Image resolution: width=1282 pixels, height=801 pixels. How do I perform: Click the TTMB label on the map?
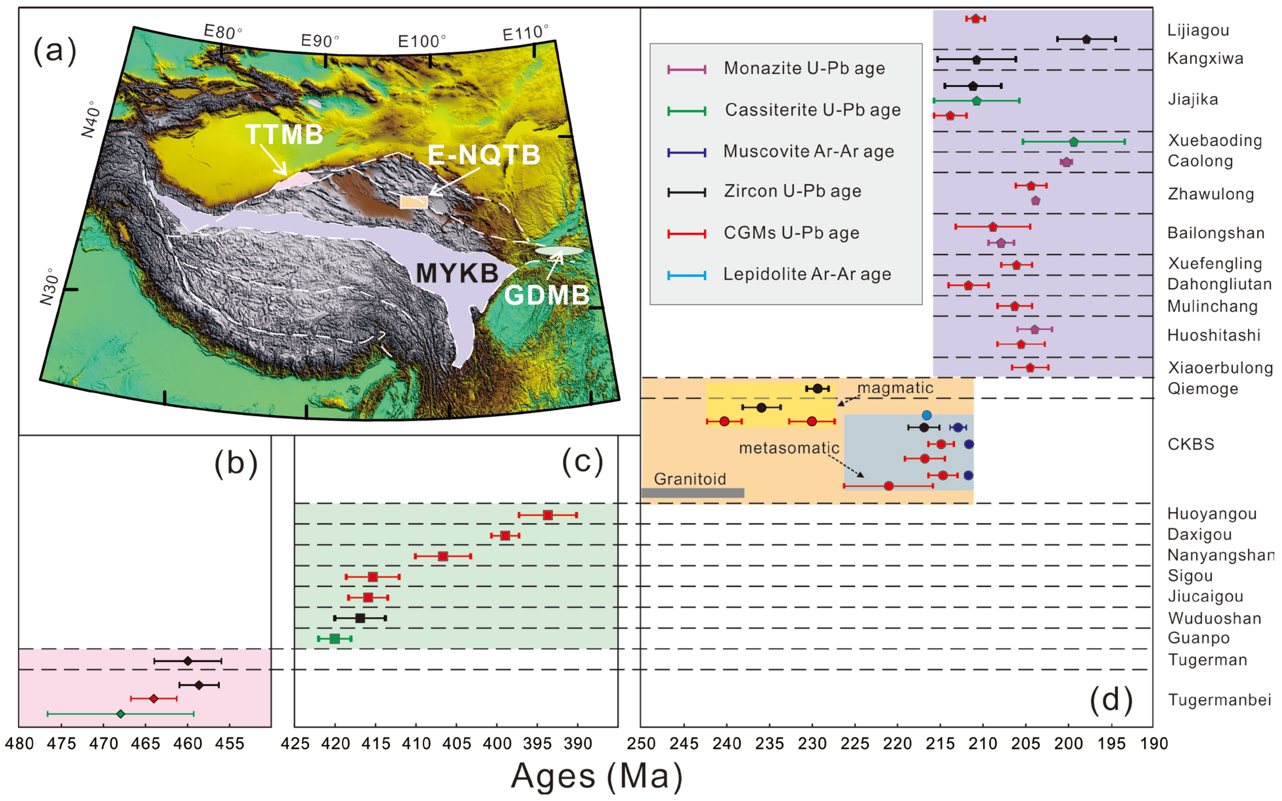285,135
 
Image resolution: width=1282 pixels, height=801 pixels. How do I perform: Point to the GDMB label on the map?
546,295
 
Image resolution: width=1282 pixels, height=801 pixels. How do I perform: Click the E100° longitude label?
422,41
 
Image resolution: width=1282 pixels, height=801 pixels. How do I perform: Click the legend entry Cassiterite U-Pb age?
813,110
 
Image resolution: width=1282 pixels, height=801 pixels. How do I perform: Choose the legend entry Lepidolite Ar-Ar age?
807,275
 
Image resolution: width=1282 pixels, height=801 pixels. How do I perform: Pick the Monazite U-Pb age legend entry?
804,68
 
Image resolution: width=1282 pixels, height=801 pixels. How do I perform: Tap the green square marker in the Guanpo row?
334,638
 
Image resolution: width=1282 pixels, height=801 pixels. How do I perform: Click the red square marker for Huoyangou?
548,515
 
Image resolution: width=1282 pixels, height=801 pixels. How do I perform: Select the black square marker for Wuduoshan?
360,618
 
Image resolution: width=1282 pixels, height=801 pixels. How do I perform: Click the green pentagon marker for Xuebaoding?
1074,142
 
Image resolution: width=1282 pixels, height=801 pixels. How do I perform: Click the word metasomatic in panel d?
789,448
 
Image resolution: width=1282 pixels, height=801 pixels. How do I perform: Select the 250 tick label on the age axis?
641,744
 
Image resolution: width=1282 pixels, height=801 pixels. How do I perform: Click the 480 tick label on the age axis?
20,744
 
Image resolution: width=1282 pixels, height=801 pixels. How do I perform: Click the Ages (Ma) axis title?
596,777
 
